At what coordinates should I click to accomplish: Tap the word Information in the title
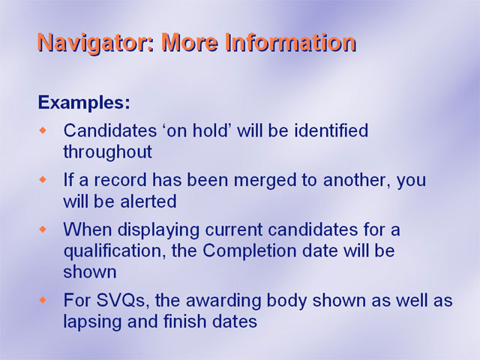[x=291, y=42]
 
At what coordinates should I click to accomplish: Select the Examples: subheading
[x=84, y=103]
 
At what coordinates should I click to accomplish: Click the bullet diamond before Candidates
[x=43, y=130]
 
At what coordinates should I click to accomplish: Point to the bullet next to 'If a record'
[x=43, y=180]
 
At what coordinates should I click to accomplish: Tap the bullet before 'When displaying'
[x=43, y=229]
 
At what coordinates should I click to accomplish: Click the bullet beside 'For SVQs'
[x=43, y=300]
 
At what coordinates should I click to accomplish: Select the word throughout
[x=108, y=152]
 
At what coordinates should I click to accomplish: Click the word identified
[x=331, y=130]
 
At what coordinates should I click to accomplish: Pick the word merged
[x=265, y=181]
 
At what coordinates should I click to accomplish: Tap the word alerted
[x=148, y=202]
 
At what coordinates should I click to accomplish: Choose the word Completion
[x=250, y=252]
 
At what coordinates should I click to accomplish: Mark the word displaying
[x=159, y=230]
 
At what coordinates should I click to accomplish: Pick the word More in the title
[x=190, y=42]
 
